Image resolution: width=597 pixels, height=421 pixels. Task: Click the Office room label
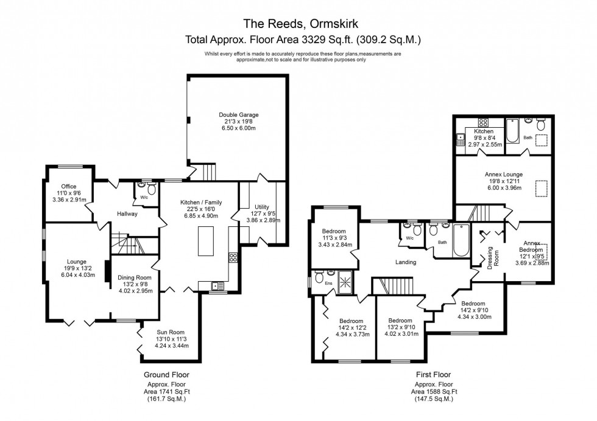click(x=68, y=193)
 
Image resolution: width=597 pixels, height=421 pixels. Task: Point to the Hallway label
click(x=127, y=214)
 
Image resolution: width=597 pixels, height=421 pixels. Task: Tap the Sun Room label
click(x=167, y=338)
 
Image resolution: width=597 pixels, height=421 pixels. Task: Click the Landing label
click(x=405, y=262)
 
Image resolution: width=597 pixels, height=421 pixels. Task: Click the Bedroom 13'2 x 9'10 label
click(x=400, y=327)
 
